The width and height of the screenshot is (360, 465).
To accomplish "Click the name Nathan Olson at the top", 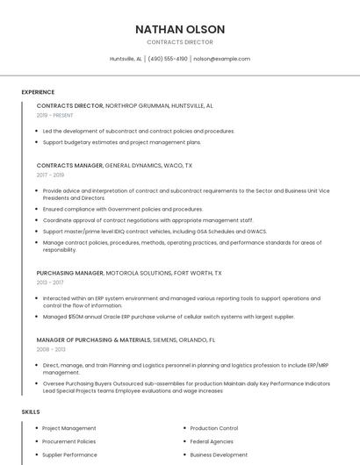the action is [180, 29].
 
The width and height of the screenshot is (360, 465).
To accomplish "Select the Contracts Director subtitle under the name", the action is [180, 42].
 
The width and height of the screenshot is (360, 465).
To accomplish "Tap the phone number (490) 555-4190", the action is [168, 59].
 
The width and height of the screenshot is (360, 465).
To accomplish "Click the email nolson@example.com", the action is [221, 59].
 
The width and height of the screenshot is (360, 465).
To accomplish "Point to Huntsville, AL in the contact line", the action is [126, 59].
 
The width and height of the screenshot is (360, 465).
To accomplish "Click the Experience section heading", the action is [38, 92].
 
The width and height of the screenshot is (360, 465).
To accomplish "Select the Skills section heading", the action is [31, 411].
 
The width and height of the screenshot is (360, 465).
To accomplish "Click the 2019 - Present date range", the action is [54, 115].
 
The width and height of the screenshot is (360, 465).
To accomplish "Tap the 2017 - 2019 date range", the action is [50, 175].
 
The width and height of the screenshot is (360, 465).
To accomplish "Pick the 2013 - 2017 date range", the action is [50, 283].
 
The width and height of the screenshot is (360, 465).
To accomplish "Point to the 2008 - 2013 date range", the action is [51, 349].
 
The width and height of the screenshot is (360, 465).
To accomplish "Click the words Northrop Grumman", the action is [136, 105].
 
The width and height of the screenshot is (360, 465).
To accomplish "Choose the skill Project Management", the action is [69, 428].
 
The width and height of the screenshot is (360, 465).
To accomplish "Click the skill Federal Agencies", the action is [212, 441].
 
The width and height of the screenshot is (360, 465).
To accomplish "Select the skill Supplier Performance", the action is [70, 455].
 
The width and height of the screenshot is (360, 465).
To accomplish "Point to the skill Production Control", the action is [214, 428].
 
